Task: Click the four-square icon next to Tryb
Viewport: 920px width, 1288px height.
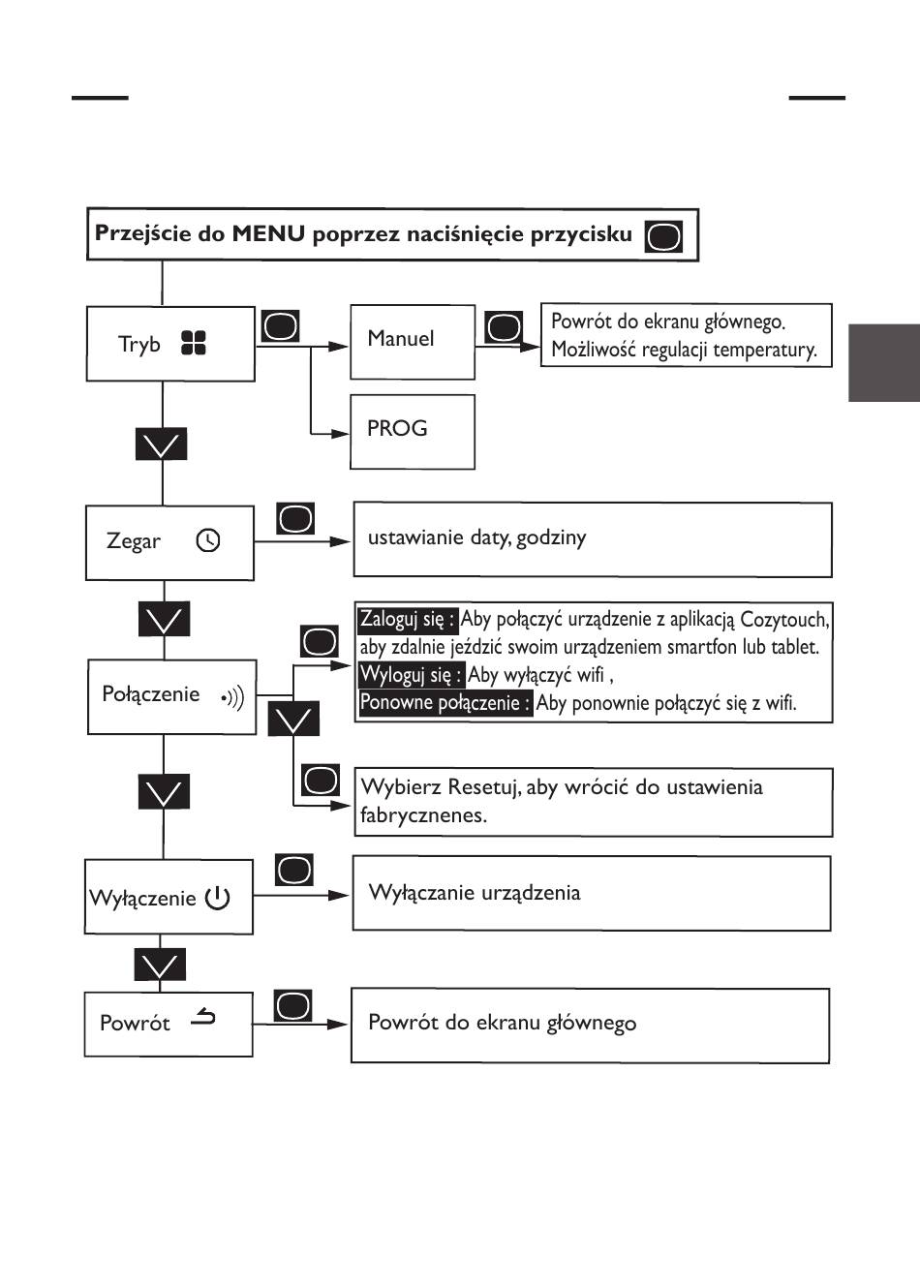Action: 194,343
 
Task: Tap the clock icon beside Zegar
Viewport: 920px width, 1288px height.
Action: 208,540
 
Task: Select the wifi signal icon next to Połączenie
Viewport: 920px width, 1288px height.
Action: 232,696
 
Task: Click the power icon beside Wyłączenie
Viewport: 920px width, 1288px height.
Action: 217,898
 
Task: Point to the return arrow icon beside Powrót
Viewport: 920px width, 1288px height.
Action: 203,1018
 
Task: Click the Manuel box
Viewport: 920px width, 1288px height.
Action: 412,341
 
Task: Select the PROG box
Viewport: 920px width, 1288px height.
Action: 412,430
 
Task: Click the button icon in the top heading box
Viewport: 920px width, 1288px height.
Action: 663,235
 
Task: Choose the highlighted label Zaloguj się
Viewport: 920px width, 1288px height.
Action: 407,619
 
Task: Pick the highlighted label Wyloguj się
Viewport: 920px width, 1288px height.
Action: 411,675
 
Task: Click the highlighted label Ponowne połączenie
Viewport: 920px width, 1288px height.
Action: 445,703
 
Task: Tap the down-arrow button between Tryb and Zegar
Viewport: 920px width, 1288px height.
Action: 161,445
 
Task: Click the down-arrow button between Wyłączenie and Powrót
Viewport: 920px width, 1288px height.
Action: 160,965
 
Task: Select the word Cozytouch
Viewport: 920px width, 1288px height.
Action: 783,619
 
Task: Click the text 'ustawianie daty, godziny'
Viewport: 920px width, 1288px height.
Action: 476,537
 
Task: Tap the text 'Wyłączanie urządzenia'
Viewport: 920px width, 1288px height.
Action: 475,892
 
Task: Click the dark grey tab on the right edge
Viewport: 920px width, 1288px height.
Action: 883,362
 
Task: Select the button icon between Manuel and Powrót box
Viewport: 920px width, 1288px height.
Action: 503,327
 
